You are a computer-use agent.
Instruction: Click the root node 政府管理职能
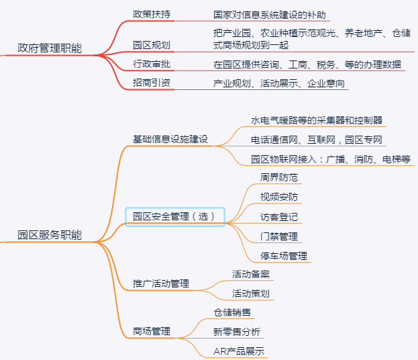coord(50,48)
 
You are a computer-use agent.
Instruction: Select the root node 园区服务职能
coord(50,235)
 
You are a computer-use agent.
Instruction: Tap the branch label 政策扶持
coord(152,14)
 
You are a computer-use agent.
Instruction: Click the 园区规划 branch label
coord(152,45)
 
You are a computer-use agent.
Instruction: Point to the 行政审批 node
coord(152,64)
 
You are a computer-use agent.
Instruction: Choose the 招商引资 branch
coord(152,83)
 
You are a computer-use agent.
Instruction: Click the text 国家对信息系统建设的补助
coord(270,15)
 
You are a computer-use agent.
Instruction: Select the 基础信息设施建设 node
coord(170,139)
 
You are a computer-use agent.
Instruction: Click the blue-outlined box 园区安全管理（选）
coord(175,217)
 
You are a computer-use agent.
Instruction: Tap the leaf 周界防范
coord(279,177)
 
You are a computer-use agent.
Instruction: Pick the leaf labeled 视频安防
coord(279,197)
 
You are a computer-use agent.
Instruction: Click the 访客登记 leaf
coord(279,217)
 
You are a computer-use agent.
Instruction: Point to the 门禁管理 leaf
coord(279,236)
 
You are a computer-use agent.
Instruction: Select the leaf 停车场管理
coord(284,256)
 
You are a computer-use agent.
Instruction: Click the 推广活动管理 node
coord(161,283)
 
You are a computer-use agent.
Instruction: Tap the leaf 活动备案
coord(251,274)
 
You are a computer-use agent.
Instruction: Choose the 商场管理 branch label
coord(152,331)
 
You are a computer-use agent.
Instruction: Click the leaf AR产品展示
coord(239,351)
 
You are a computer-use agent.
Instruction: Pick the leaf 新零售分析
coord(237,332)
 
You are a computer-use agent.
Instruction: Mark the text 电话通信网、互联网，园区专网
coord(317,140)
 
